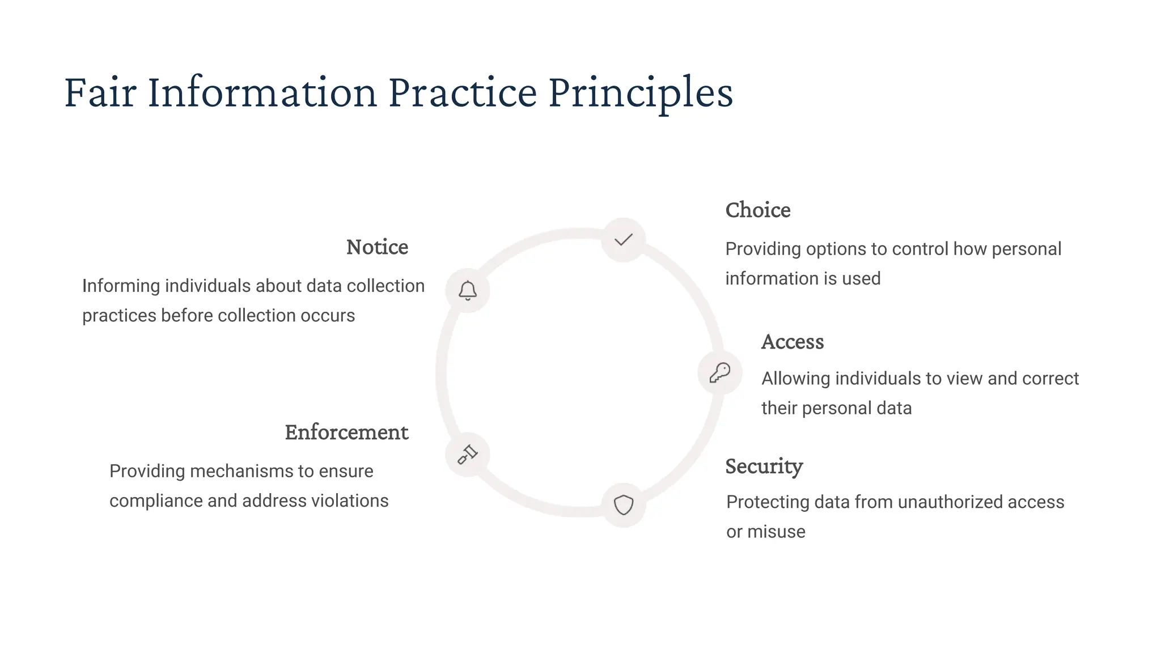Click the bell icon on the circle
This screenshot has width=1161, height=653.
[468, 290]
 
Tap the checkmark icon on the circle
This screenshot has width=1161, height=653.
[624, 240]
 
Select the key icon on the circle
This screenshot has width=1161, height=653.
[720, 372]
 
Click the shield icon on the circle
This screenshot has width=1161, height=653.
[624, 504]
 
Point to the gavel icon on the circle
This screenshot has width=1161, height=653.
[468, 454]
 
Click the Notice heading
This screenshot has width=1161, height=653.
[377, 247]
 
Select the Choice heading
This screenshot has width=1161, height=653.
[757, 210]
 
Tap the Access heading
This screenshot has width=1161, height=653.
[792, 342]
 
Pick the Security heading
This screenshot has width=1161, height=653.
[764, 467]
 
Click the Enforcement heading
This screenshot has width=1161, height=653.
[346, 432]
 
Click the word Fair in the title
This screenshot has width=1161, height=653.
[100, 92]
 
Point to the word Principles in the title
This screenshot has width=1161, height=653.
[640, 92]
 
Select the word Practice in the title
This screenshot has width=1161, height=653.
[462, 92]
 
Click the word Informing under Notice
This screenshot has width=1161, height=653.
[121, 286]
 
